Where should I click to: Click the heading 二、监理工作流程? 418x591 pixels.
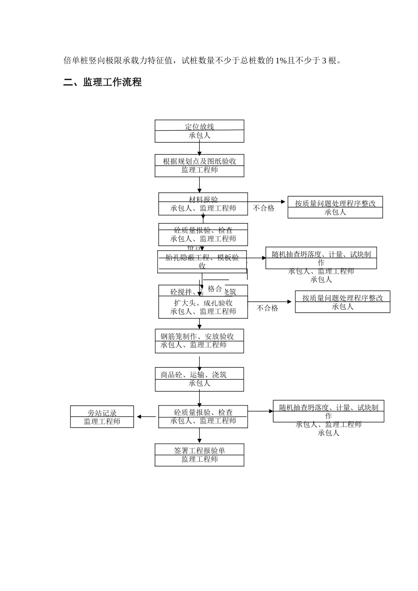click(103, 82)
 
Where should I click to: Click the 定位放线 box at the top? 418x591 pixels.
click(199, 131)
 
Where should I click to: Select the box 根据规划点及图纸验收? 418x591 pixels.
click(199, 166)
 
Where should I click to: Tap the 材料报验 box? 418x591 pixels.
click(203, 204)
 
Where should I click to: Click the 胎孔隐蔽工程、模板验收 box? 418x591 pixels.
click(202, 262)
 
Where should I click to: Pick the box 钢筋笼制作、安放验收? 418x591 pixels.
click(199, 341)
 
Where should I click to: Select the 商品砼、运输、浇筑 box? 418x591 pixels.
click(199, 379)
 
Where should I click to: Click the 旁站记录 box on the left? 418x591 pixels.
click(102, 417)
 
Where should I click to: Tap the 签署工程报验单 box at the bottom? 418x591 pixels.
click(199, 455)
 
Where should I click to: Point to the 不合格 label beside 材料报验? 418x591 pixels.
click(264, 208)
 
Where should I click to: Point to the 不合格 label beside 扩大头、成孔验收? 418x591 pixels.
click(268, 308)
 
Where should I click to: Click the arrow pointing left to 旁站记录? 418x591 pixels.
click(146, 416)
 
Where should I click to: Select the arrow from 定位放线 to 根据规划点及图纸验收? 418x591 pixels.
click(199, 148)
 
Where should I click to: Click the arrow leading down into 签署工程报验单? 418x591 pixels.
click(199, 436)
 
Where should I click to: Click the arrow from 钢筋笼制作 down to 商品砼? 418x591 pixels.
click(199, 361)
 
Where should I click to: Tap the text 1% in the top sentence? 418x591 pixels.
click(281, 61)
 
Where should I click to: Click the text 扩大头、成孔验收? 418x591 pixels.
click(203, 303)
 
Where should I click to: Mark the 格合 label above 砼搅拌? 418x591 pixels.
click(215, 289)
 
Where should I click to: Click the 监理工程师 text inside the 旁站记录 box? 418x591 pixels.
click(102, 422)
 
